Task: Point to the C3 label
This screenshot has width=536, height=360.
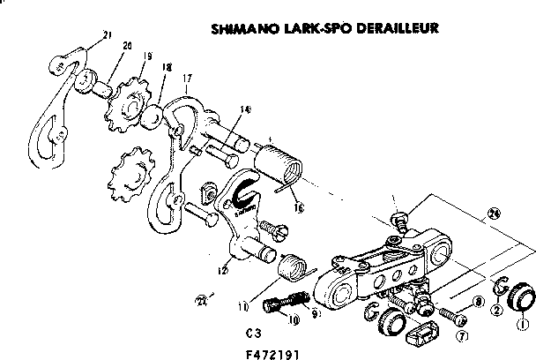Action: coord(255,334)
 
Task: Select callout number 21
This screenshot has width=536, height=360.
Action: coord(107,35)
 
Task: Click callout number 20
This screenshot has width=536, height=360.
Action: coord(127,46)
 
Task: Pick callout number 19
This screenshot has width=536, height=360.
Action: coord(146,56)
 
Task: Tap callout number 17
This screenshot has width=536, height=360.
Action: coord(187,78)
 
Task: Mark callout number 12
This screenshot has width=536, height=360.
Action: coord(225,271)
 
